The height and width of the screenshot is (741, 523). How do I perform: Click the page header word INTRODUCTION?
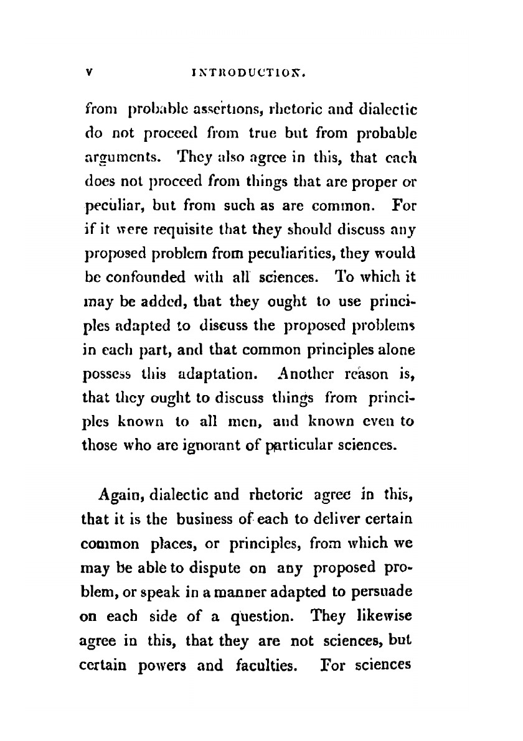255,72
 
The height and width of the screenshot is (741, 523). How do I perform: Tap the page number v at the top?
89,72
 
